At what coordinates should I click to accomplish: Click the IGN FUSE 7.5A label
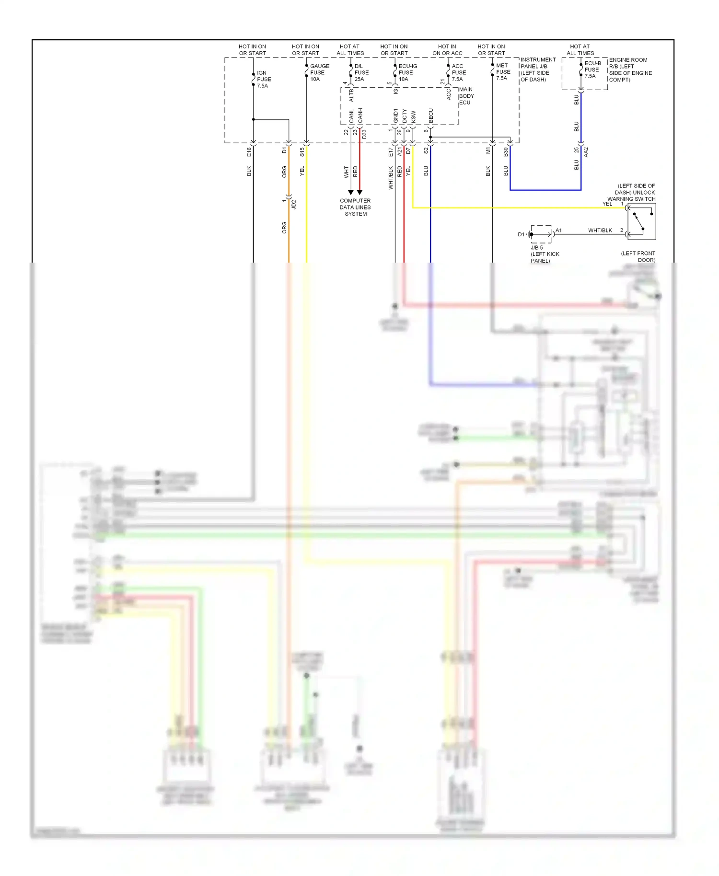[x=264, y=80]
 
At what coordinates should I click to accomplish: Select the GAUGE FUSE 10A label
[x=319, y=73]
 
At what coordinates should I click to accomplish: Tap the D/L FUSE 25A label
[x=361, y=73]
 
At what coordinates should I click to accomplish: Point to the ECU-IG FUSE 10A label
[x=407, y=73]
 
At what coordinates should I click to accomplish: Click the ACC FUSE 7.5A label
[x=458, y=73]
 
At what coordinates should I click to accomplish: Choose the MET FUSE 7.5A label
[x=503, y=72]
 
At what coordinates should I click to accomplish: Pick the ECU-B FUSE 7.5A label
[x=592, y=69]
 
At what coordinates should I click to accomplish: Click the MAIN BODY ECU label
[x=466, y=96]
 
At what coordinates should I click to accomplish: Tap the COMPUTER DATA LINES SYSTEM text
[x=355, y=207]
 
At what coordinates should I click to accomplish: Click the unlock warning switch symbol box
[x=641, y=222]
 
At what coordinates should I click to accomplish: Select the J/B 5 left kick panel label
[x=545, y=254]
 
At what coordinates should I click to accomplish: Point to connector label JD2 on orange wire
[x=294, y=204]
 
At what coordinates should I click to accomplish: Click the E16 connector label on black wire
[x=249, y=152]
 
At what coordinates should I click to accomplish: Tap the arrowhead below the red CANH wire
[x=359, y=192]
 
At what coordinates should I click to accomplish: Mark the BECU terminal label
[x=430, y=115]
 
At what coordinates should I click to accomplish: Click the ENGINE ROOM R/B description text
[x=630, y=70]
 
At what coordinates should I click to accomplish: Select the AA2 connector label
[x=586, y=152]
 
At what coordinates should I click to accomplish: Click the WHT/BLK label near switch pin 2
[x=600, y=231]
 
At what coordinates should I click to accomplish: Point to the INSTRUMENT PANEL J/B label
[x=538, y=69]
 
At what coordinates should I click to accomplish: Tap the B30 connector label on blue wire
[x=506, y=152]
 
